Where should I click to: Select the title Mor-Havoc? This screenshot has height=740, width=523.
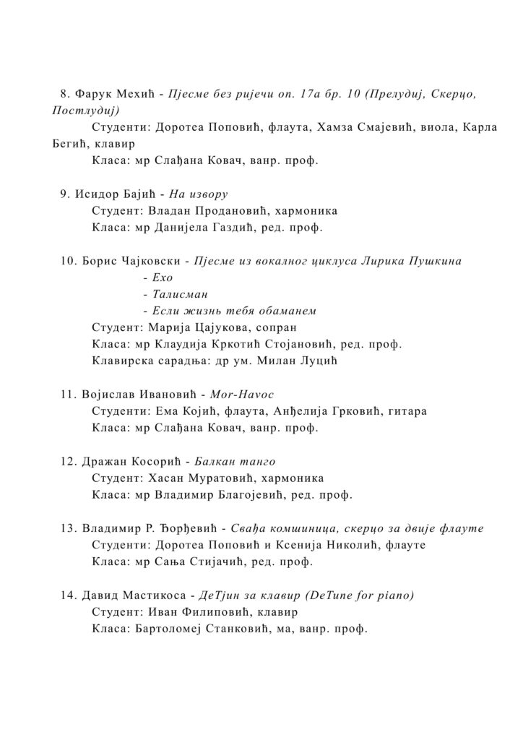(x=243, y=395)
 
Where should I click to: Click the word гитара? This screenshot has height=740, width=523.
(x=407, y=411)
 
